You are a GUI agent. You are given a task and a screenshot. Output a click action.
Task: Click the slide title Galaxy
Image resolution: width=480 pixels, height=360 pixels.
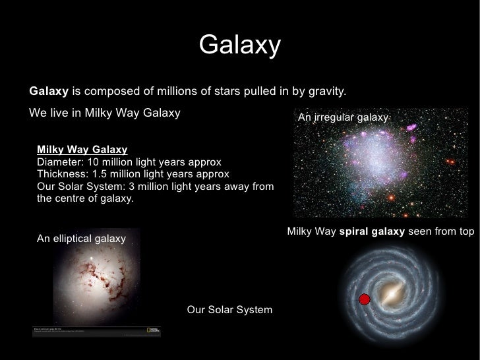(x=239, y=45)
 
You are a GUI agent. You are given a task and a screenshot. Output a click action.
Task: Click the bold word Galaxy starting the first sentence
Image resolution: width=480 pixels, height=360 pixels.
(x=49, y=90)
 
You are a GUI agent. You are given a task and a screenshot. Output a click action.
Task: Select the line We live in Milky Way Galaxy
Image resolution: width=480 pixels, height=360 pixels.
(x=105, y=112)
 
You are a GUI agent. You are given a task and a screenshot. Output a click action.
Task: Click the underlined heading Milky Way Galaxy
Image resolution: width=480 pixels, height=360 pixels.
(x=82, y=150)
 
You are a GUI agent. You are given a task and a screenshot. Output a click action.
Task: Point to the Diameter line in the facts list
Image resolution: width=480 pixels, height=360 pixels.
(x=129, y=162)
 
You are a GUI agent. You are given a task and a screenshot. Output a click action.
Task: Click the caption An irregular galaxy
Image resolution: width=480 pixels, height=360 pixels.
(x=344, y=117)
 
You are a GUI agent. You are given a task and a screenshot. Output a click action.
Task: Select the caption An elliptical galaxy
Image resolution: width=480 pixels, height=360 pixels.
(x=81, y=239)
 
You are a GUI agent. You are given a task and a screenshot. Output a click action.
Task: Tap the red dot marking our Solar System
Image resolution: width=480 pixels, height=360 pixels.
(x=363, y=300)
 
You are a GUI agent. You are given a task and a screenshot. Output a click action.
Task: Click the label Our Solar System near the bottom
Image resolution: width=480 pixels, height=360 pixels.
(x=229, y=310)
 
